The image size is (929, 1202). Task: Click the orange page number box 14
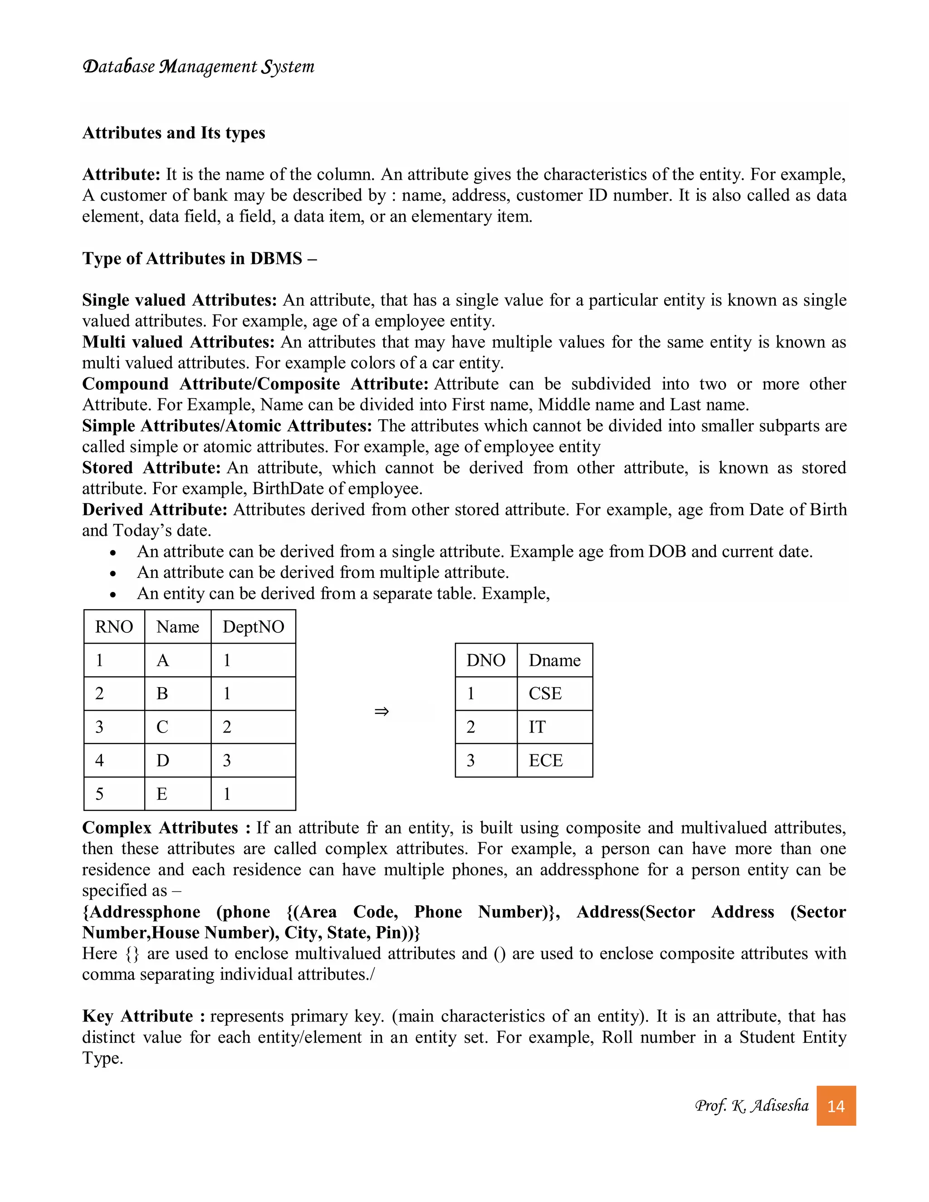[836, 1106]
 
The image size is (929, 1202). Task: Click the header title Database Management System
[198, 67]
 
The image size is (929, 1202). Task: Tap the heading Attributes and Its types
[173, 132]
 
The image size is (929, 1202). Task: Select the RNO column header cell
[114, 627]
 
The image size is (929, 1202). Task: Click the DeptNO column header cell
[253, 627]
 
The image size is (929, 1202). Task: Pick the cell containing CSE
[554, 694]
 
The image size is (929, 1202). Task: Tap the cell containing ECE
[554, 761]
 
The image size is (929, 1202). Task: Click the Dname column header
[554, 660]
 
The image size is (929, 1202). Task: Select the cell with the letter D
[177, 761]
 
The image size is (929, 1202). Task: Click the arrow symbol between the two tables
[381, 712]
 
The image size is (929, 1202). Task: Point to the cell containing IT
[554, 727]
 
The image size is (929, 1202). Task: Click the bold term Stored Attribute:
[152, 468]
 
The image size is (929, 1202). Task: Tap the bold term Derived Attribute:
[155, 510]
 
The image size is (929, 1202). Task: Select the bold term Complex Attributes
[160, 828]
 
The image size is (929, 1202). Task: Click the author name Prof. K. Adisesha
[751, 1106]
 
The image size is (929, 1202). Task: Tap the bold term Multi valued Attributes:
[178, 342]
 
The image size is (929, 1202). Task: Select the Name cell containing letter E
[177, 794]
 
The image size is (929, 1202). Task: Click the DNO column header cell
[485, 660]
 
